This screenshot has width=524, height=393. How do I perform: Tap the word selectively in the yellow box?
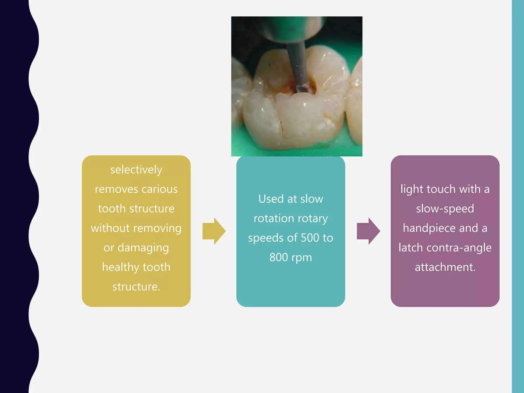tap(136, 170)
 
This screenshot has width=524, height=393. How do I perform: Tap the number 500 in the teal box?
tap(310, 238)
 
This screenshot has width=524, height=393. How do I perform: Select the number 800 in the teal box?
tap(279, 257)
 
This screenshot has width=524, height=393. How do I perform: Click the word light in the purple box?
tap(412, 189)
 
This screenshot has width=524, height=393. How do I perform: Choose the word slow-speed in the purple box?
tap(445, 209)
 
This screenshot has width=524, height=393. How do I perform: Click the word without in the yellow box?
tap(110, 228)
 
